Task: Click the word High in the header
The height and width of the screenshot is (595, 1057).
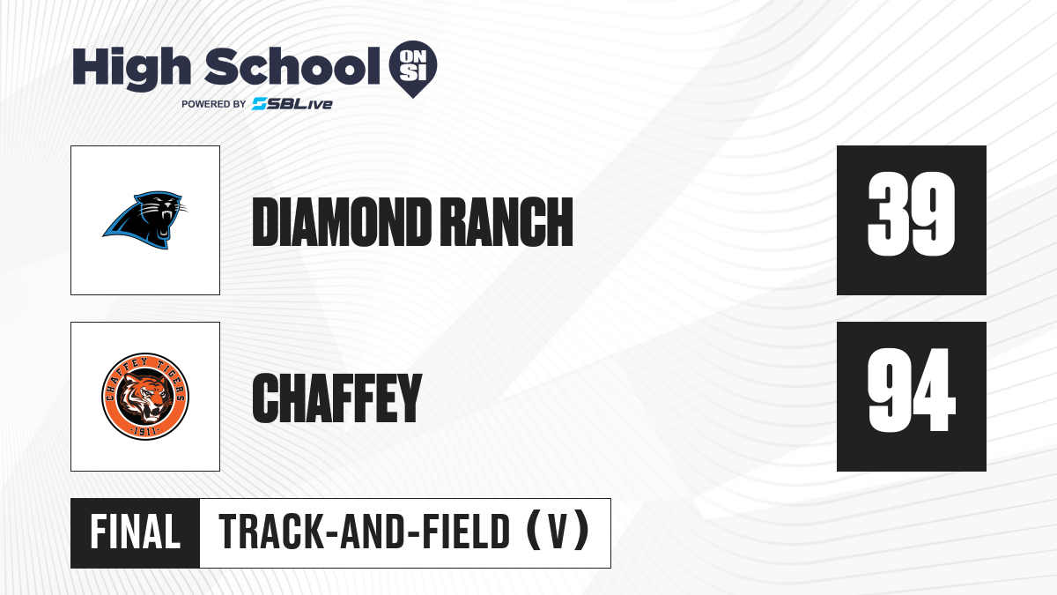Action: point(131,68)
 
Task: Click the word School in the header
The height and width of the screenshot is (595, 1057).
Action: point(292,67)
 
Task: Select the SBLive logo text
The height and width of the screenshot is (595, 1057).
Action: point(292,104)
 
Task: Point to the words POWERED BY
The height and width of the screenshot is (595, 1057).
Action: point(214,104)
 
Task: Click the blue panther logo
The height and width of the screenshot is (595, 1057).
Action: point(144,220)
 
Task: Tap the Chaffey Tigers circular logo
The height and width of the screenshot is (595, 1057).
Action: point(145,397)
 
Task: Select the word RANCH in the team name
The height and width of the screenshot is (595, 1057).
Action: point(509,222)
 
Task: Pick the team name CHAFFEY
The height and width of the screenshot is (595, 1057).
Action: point(336,398)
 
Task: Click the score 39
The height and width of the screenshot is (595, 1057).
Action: point(911,214)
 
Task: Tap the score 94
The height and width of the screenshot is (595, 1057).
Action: point(912,390)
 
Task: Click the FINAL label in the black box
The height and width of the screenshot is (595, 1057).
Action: point(136,532)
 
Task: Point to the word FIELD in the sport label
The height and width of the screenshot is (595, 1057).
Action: point(465,532)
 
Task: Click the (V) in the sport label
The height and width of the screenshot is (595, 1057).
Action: point(558,532)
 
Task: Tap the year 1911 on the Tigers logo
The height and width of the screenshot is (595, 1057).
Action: point(144,431)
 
